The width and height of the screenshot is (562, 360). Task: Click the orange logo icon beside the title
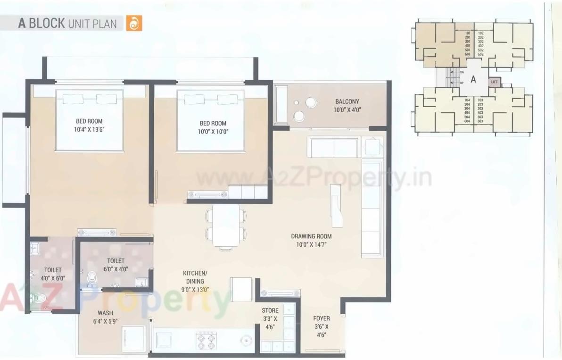coord(134,23)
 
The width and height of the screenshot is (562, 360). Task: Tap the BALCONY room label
coord(347,101)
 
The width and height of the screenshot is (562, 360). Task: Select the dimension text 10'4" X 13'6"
coord(89,129)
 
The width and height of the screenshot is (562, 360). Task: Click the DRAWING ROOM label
coord(311,236)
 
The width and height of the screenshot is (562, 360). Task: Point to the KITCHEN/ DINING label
coord(195,277)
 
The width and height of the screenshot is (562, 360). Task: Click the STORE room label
coord(270,310)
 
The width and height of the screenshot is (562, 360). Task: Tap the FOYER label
coord(322,318)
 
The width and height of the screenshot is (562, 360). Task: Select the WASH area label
coord(105,313)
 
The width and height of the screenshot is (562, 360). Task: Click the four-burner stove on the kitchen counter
coord(206,340)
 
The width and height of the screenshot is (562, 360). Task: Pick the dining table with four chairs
coord(225,226)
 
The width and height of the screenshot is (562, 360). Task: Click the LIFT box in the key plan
coord(494,82)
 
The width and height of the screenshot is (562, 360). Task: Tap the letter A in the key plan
coord(473,80)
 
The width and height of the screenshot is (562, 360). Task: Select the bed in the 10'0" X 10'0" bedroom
coord(211,120)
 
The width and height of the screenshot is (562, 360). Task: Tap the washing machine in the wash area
coord(133,338)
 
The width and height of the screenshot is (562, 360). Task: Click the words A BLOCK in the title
coord(41,24)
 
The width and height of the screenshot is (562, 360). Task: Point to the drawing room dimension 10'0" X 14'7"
coord(311,244)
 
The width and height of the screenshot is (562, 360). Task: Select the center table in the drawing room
coord(337,205)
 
